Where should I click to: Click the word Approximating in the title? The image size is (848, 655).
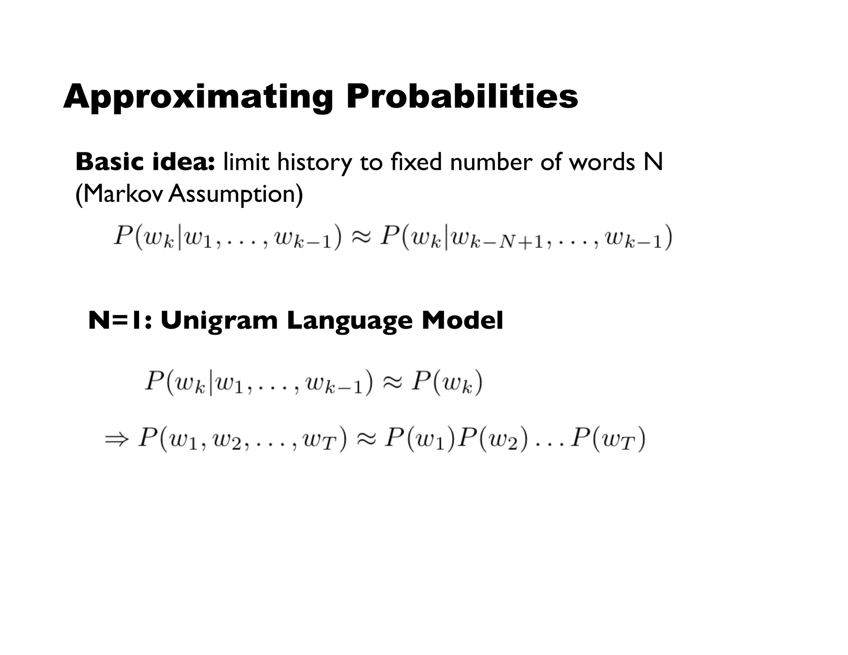point(198,97)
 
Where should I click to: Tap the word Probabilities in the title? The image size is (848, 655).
point(462,97)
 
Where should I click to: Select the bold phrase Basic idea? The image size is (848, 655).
point(145,162)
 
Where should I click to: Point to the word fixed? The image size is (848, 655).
point(416,162)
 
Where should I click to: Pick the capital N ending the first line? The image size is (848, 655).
point(653,162)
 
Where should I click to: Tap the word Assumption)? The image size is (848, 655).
point(236,194)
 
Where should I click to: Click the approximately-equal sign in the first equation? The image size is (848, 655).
point(361,238)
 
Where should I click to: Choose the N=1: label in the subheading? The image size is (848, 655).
point(120,320)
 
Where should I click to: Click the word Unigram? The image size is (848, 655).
point(219,320)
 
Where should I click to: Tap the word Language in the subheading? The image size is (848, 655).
point(349,320)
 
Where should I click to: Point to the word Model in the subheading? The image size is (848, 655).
point(462,320)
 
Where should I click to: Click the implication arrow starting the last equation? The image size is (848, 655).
point(117,439)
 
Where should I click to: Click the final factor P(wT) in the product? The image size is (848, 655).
point(608,439)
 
